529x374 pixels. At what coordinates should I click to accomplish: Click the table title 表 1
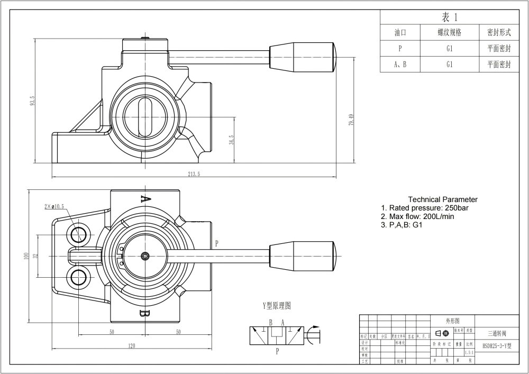[x=449, y=17]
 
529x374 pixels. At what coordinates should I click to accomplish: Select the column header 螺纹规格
[x=449, y=33]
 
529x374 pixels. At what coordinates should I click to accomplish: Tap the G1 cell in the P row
[x=449, y=49]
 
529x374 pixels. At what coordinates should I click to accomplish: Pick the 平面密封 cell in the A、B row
[x=498, y=65]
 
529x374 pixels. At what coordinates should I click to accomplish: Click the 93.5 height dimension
[x=32, y=101]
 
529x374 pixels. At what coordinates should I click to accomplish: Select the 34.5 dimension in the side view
[x=231, y=140]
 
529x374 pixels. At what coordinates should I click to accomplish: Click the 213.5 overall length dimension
[x=195, y=174]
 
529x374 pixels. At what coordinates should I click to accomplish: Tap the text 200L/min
[x=439, y=216]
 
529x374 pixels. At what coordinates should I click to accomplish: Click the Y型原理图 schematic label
[x=277, y=306]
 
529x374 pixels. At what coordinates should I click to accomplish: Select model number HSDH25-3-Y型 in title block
[x=497, y=345]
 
